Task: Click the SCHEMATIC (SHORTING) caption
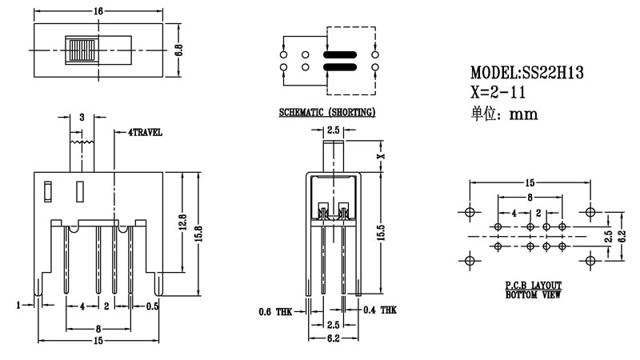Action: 326,113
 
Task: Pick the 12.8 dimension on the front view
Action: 182,221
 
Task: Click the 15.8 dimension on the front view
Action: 200,230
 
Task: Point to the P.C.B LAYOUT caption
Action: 533,285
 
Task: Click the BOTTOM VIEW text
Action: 533,295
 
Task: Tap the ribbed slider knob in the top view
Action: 81,50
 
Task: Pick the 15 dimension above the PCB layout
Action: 530,182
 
